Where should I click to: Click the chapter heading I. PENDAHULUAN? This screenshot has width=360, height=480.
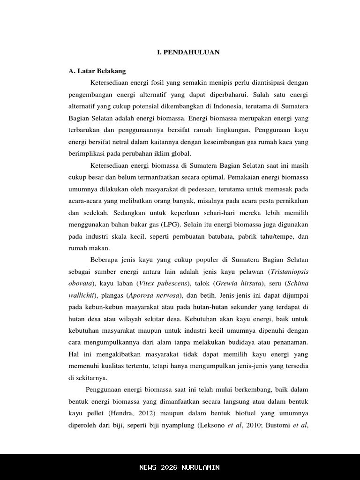click(188, 52)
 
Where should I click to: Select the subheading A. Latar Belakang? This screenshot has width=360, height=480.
click(97, 71)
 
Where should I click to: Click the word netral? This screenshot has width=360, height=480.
click(123, 142)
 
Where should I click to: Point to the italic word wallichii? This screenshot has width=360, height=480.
click(82, 295)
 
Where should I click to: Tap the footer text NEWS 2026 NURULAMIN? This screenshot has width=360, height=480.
click(180, 467)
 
